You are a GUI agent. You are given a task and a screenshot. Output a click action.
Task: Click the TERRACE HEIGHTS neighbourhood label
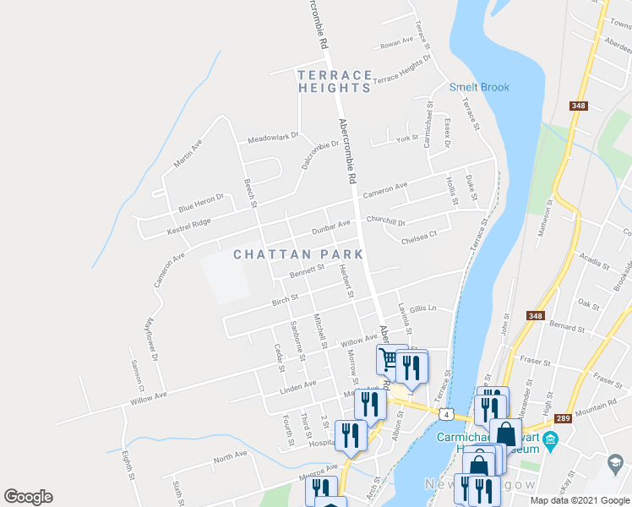[x=334, y=81]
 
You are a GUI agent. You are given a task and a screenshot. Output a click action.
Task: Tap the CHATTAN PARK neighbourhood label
[x=298, y=253]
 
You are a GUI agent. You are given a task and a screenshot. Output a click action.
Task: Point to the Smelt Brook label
[x=479, y=87]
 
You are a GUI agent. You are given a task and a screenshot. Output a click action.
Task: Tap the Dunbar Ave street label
[x=330, y=226]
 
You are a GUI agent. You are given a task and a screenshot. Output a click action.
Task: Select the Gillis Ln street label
[x=422, y=309]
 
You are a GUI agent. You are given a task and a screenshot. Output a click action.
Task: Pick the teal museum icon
[x=551, y=439]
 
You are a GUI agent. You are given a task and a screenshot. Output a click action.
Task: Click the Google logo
[x=28, y=497]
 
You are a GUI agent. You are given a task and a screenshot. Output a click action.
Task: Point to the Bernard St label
[x=567, y=325]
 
